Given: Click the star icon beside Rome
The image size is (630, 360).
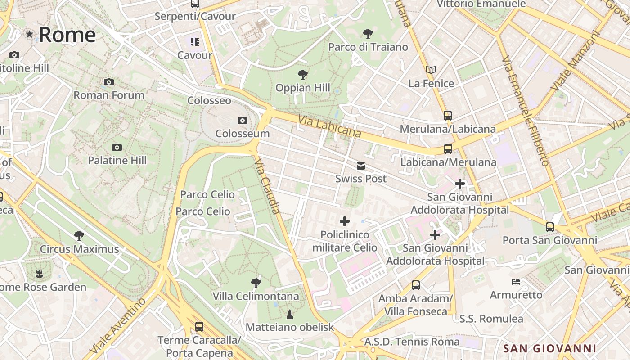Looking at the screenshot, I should coord(30,34).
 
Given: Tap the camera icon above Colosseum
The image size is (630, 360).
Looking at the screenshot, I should coord(243,120).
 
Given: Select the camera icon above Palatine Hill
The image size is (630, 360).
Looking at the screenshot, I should coord(117,147).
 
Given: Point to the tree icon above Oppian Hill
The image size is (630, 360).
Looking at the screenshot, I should coord(303,74).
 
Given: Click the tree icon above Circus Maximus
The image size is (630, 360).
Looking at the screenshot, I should coord(79,235).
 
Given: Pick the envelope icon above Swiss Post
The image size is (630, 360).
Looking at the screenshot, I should coord(361,166).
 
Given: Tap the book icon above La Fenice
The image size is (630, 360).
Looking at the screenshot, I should coord(431,70).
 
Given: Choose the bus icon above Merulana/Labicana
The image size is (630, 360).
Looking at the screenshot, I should coord(447,115).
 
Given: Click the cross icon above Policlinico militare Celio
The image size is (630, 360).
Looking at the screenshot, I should coord(345,221).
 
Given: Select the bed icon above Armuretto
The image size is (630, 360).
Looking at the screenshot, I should coord(516,282).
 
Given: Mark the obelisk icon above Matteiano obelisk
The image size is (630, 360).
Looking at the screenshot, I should coord(290,314).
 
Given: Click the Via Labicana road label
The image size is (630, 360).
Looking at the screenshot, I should coord(329,126).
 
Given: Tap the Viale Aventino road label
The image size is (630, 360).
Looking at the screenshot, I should coord(118,325).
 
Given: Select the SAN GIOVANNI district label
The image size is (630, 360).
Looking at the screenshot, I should coord(549,348).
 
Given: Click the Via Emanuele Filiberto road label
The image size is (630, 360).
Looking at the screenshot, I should coord(526,111).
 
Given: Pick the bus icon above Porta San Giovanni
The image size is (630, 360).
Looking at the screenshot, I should coord(549,227).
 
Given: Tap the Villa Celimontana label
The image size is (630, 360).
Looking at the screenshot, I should coord(256,296).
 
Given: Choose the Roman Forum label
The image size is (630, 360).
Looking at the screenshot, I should coord(109,95).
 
